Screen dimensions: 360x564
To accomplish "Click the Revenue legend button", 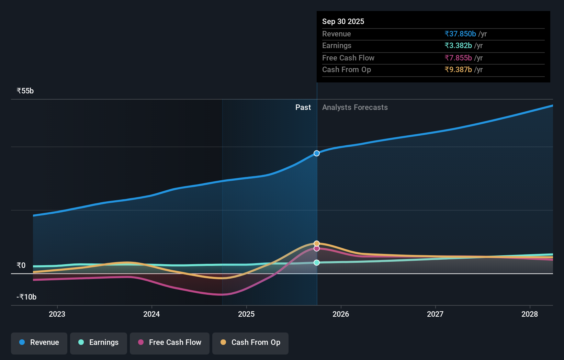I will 39,342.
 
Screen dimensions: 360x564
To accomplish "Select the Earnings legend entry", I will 99,342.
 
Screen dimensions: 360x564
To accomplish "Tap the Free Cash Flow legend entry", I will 170,342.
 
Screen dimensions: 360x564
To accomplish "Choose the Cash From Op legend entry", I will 250,342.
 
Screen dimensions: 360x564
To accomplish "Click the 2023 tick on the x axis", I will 57,314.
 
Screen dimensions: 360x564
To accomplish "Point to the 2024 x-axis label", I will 151,314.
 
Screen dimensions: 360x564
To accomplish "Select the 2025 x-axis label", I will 246,314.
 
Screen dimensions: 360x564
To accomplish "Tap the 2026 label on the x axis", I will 341,314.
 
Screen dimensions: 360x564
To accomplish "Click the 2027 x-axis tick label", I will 435,314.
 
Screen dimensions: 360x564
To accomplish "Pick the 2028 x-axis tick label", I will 530,314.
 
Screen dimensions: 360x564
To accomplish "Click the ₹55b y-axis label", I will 25,91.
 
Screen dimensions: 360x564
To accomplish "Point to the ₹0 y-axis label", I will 21,265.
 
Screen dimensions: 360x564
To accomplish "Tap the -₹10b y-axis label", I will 26,297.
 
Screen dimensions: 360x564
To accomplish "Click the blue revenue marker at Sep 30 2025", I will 317,153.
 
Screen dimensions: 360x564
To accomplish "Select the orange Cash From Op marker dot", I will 317,244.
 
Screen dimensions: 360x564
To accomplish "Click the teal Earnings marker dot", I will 317,262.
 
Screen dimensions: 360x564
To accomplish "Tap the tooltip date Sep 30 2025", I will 343,21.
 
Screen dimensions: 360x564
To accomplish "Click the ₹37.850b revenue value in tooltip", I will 460,34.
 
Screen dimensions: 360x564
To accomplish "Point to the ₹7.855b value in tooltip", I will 458,58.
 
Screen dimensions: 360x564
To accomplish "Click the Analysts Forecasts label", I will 355,108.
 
